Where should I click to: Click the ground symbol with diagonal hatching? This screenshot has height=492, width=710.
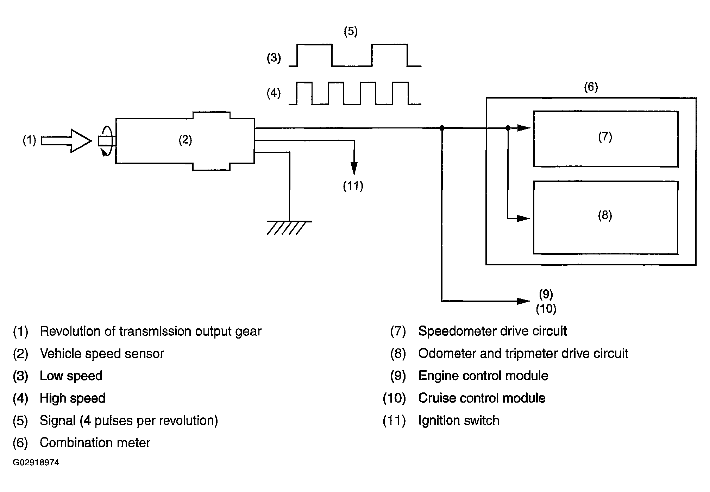[289, 227]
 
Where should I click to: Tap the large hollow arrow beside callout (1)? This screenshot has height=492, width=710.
[67, 141]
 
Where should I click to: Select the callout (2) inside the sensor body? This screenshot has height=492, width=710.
[185, 140]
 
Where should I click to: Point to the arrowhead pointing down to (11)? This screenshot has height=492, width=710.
[354, 168]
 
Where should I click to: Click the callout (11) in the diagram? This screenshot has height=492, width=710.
[353, 186]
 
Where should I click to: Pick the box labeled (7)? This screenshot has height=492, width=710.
[605, 139]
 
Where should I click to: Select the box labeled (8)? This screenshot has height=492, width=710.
[605, 217]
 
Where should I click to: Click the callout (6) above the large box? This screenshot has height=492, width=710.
[591, 87]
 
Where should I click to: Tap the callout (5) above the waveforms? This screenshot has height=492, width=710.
[350, 32]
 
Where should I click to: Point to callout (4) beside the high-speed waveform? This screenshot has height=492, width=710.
[274, 93]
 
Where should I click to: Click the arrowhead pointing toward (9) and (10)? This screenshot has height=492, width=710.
[523, 301]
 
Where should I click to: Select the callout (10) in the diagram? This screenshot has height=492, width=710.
[546, 309]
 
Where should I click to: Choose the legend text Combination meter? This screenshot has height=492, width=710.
[95, 443]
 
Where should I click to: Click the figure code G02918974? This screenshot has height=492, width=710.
[36, 462]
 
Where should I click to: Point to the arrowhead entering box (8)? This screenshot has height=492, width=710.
[523, 219]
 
